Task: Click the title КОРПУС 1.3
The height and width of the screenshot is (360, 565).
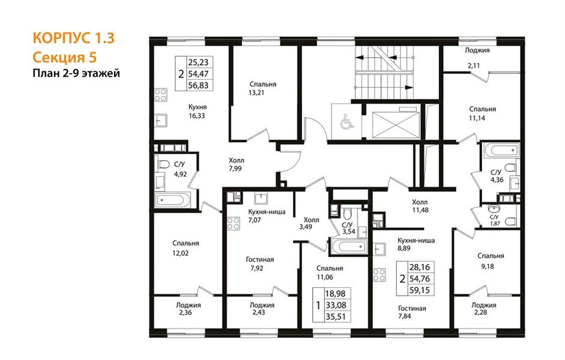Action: click(73, 38)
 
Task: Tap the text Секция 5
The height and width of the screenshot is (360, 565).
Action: click(65, 57)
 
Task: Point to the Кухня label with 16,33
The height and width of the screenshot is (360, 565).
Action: click(198, 107)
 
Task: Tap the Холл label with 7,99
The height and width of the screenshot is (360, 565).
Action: click(237, 160)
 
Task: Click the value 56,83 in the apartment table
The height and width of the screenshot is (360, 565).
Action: click(198, 85)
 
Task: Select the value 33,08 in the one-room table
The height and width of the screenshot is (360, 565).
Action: click(336, 305)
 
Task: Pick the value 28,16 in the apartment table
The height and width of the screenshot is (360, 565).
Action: click(420, 267)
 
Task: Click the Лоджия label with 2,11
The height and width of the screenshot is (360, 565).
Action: click(477, 50)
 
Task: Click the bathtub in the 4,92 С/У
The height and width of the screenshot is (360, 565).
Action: click(172, 199)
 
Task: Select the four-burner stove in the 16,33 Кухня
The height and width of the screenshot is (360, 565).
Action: click(161, 95)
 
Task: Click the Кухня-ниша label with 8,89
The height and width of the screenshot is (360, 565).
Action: click(416, 240)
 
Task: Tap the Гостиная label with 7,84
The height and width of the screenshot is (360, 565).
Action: click(412, 308)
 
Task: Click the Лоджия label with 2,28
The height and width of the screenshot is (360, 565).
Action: click(484, 305)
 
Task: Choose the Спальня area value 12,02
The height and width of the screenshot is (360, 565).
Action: click(181, 253)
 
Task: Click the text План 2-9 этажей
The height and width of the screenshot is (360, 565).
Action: click(76, 74)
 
